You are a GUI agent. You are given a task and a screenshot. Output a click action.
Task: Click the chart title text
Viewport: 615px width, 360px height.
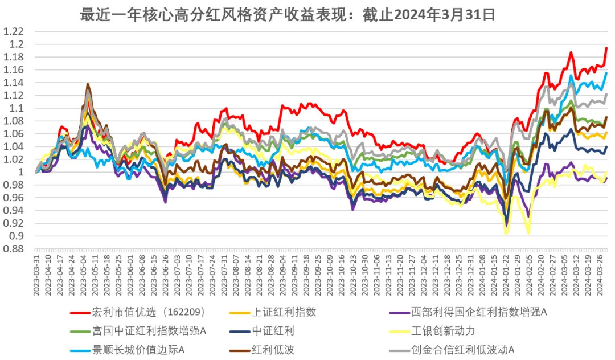click(x=288, y=14)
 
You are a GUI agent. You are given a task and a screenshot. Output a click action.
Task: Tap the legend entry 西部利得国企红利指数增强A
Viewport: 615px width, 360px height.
click(x=478, y=312)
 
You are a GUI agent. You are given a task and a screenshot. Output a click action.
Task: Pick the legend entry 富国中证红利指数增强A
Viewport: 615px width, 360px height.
click(x=149, y=331)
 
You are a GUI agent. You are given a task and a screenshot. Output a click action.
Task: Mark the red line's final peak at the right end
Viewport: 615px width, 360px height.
click(x=606, y=48)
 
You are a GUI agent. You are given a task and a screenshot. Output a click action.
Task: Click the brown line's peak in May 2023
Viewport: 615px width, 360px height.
click(x=88, y=84)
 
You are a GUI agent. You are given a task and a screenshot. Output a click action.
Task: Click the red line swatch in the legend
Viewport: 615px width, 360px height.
click(x=80, y=312)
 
